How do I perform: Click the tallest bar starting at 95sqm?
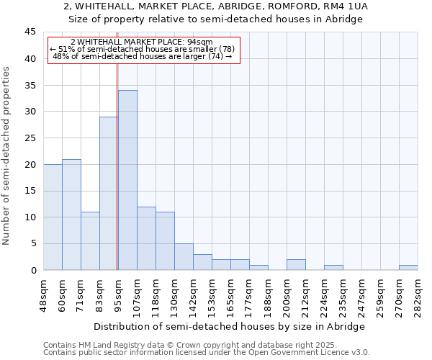127,180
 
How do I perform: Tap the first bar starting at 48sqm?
53,217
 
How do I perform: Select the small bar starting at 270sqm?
408,267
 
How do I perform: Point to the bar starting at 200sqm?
296,265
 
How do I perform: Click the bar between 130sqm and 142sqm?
184,257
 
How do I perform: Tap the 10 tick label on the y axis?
31,217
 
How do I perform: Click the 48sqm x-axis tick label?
43,294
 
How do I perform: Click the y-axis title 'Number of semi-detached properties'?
7,156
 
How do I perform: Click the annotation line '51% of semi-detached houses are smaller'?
143,49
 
